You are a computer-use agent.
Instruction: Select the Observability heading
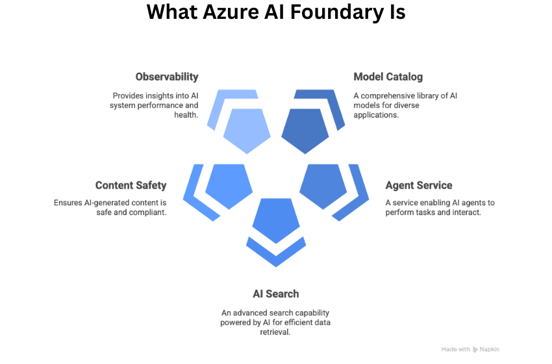pyautogui.click(x=167, y=77)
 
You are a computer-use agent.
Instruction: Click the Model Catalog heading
pyautogui.click(x=388, y=77)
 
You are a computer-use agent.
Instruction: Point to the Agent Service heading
pyautogui.click(x=419, y=185)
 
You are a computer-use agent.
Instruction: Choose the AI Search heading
pyautogui.click(x=276, y=293)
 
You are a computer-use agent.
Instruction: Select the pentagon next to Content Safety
pyautogui.click(x=229, y=185)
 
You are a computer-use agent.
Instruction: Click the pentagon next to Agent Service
pyautogui.click(x=323, y=185)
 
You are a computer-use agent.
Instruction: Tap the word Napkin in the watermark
pyautogui.click(x=490, y=350)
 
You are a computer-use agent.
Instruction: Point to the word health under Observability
pyautogui.click(x=185, y=114)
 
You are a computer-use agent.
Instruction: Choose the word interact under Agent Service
pyautogui.click(x=466, y=212)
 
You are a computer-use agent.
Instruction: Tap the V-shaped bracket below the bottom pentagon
pyautogui.click(x=276, y=257)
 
